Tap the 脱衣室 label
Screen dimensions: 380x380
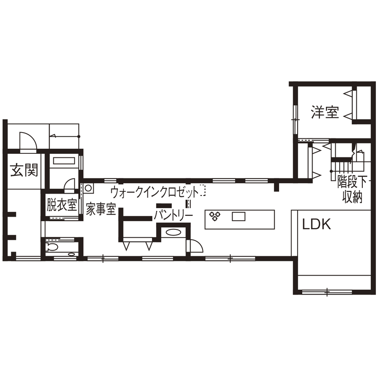(62, 205)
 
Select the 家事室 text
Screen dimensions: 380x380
(101, 209)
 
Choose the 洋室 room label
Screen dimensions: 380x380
(325, 112)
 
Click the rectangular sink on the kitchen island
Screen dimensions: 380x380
(238, 217)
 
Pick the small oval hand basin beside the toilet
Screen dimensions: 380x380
(71, 255)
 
